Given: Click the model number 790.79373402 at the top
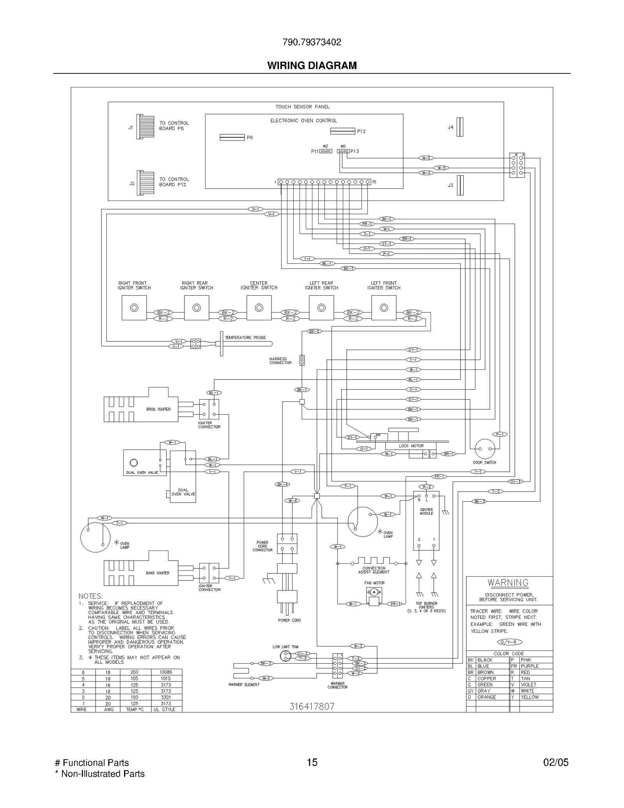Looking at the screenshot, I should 312,42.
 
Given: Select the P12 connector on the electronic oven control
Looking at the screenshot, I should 342,131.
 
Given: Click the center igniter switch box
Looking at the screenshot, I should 259,308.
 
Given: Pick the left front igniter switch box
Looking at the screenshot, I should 384,308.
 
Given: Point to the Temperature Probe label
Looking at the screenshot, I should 245,337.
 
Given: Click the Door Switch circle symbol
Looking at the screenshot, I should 485,449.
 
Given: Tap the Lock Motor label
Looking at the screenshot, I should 411,446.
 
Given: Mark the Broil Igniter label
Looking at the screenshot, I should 158,409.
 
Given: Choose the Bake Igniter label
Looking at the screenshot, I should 158,573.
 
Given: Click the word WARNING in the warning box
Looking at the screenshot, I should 508,583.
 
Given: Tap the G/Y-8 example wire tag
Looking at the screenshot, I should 509,642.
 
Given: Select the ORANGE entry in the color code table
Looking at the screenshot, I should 487,697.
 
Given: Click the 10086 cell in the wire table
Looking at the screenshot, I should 165,672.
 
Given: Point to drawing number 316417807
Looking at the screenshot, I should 312,706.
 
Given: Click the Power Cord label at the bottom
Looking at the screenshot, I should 289,620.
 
